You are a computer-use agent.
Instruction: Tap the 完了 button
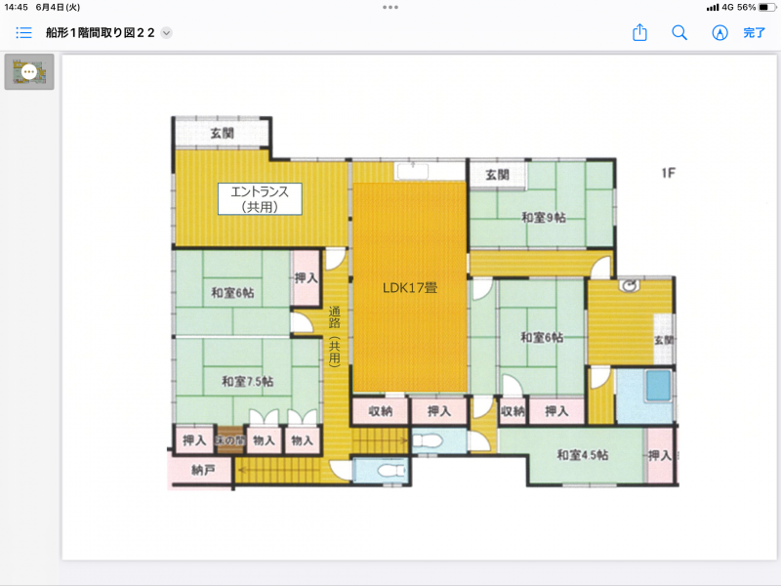click(x=755, y=32)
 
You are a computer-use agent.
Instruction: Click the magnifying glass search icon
click(x=679, y=32)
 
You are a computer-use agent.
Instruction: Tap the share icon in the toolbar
click(x=640, y=32)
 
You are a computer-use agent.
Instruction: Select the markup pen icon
click(x=719, y=32)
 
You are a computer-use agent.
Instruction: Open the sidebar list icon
click(x=24, y=32)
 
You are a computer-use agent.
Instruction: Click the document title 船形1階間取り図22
click(x=101, y=32)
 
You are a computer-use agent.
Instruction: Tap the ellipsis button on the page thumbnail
click(x=29, y=71)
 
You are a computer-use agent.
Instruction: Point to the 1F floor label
click(x=668, y=174)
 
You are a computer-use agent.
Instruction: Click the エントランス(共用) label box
click(x=260, y=198)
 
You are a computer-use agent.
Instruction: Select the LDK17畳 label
click(x=409, y=288)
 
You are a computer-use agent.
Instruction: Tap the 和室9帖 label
click(x=543, y=217)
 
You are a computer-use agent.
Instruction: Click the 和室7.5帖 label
click(x=247, y=381)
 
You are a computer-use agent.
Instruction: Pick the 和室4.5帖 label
click(x=583, y=454)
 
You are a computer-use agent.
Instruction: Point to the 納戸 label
click(x=203, y=470)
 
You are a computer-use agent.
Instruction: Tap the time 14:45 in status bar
click(x=17, y=7)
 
